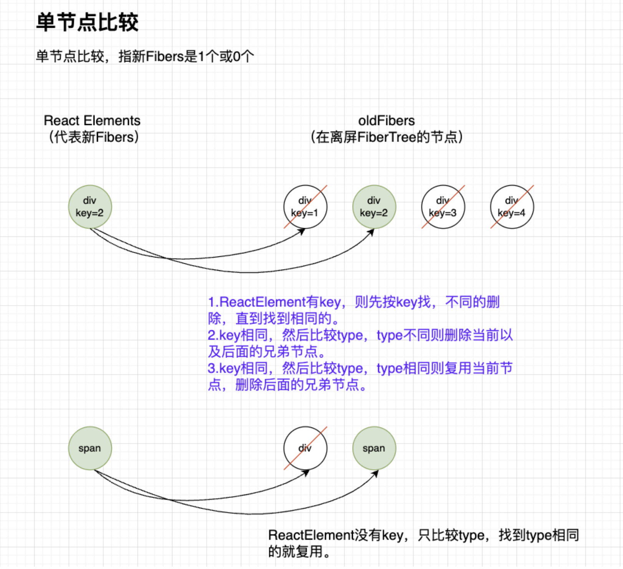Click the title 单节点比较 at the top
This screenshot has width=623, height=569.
[x=87, y=22]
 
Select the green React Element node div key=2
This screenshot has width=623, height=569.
[x=90, y=207]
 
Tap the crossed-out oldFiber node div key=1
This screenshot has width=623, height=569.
[x=305, y=207]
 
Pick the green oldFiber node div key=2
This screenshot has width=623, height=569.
[x=374, y=207]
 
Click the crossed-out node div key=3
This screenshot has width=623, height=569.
[x=443, y=207]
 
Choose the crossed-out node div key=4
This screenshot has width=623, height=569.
[x=512, y=207]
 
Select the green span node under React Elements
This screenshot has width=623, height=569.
[x=90, y=448]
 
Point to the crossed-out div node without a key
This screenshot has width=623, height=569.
[x=305, y=448]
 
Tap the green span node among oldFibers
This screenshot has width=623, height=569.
[x=374, y=448]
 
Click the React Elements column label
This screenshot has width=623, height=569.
[x=92, y=121]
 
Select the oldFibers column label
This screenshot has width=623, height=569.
[x=386, y=121]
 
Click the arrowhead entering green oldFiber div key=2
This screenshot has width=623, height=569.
[x=371, y=232]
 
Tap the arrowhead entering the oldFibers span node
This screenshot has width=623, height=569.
[x=375, y=474]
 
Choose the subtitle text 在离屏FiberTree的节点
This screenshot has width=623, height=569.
[x=386, y=137]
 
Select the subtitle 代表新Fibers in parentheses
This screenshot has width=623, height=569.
[x=94, y=137]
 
